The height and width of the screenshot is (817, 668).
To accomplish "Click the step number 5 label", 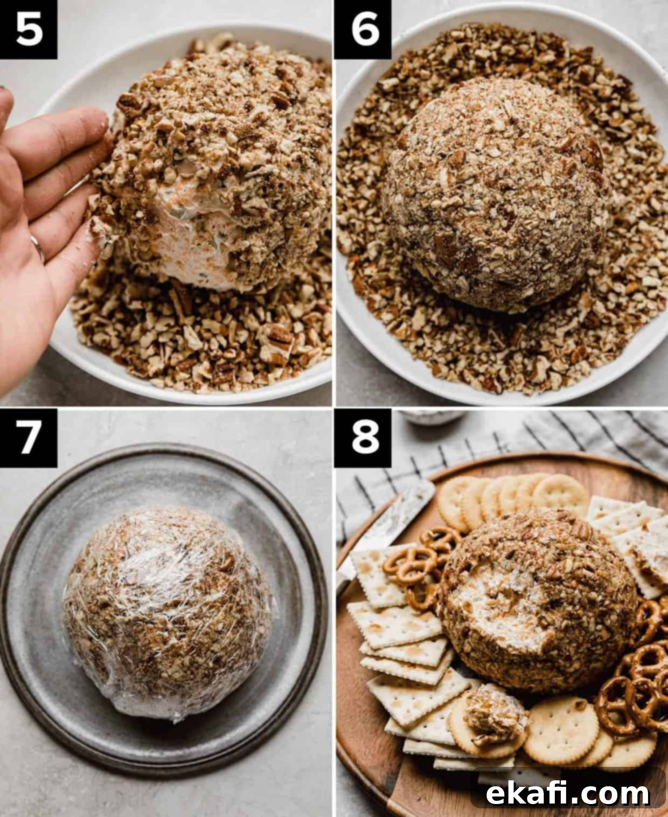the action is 28,30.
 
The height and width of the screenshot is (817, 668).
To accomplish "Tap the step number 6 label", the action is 363,30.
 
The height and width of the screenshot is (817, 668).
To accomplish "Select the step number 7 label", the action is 28,438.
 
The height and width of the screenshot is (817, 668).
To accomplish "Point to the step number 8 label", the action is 363,438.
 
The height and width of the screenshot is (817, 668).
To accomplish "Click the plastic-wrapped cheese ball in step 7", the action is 166,612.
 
